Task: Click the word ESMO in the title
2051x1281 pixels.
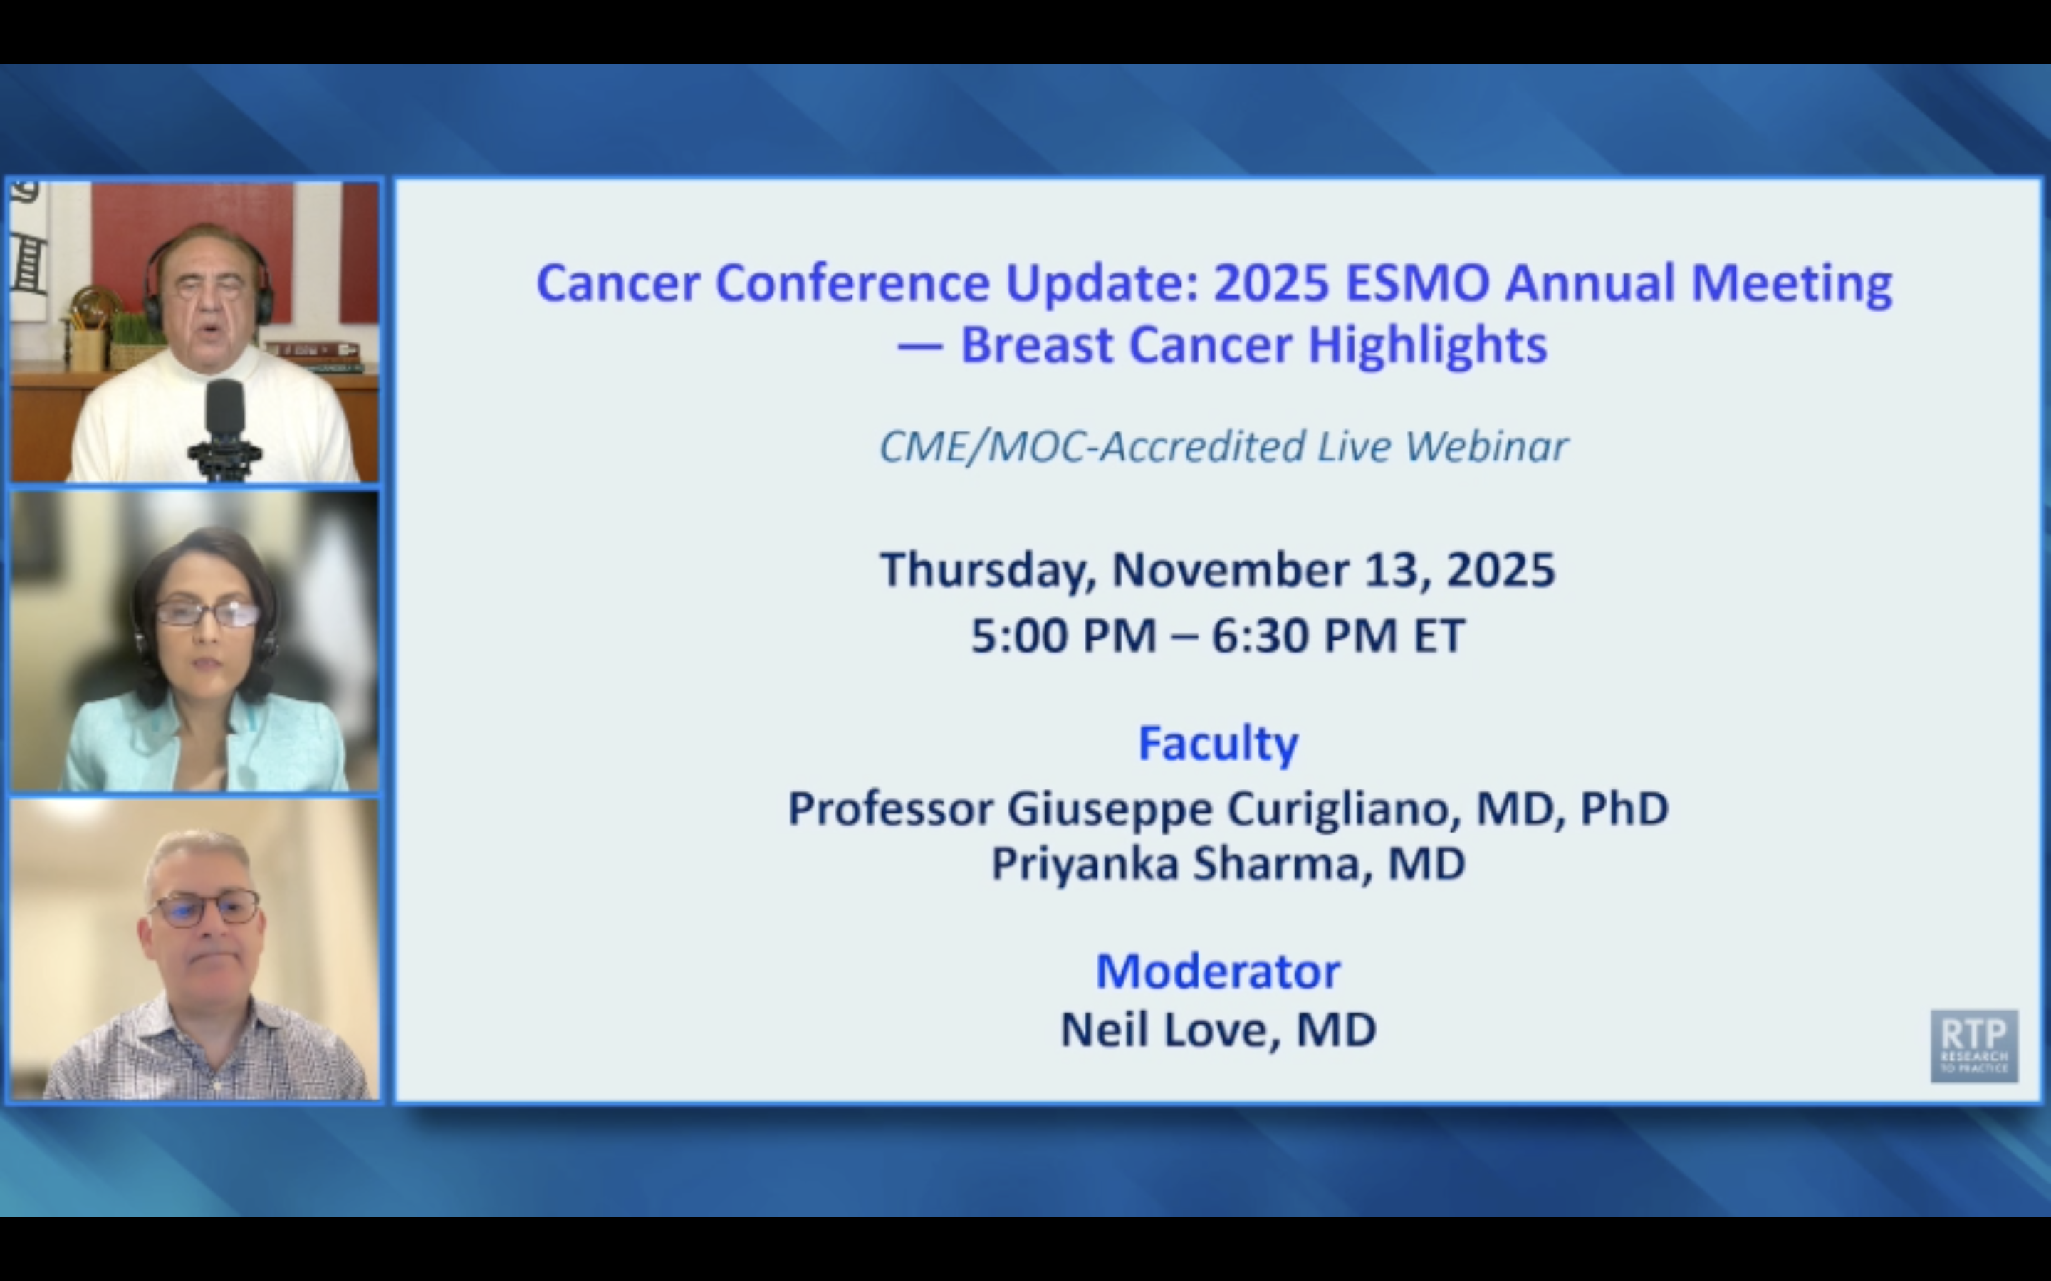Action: [1417, 284]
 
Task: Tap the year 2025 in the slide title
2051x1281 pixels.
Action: [1270, 284]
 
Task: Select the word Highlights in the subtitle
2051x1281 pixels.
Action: [1427, 346]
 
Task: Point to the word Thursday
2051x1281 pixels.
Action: [986, 570]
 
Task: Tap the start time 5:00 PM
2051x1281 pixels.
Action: [1063, 636]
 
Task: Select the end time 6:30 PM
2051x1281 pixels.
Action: [1303, 636]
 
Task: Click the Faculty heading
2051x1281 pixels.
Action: [1217, 743]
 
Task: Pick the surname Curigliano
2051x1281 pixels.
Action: [1344, 809]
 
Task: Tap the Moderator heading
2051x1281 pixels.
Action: [1218, 971]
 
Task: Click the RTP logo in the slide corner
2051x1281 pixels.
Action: [1973, 1045]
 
